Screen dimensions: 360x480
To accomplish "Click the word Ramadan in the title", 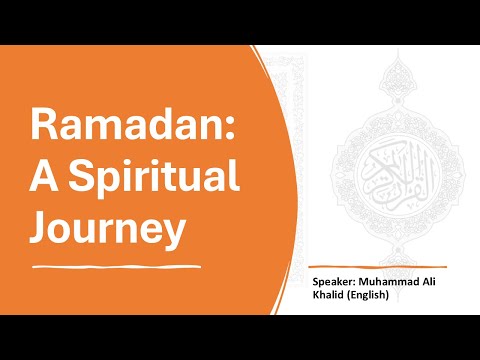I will [x=112, y=128].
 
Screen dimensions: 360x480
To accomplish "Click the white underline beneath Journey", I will [x=120, y=267].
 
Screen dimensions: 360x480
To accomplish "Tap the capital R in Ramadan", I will [x=42, y=128].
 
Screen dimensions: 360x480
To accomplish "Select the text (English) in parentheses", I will [x=372, y=297].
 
